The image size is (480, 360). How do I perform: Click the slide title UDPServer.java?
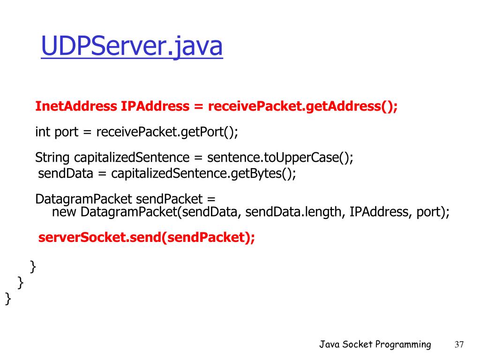point(132,47)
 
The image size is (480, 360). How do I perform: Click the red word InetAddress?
point(75,106)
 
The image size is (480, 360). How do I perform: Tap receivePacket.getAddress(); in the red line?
point(302,106)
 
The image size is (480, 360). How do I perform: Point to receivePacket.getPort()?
point(167,132)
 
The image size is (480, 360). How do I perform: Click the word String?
point(52,157)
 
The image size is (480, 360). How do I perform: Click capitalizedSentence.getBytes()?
point(203,173)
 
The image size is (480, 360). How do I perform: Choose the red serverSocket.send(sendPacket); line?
point(147,238)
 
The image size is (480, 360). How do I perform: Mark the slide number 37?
point(459,345)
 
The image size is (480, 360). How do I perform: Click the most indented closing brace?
point(33,267)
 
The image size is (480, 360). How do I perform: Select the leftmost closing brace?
point(8,299)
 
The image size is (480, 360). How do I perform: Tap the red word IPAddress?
point(154,106)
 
